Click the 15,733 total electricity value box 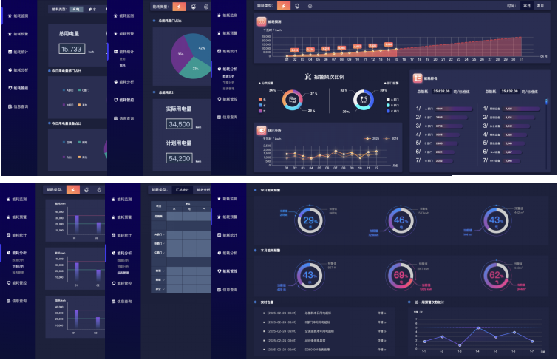click(x=72, y=49)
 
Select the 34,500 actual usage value click(x=180, y=124)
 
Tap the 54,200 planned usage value click(x=180, y=158)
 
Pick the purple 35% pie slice click(x=181, y=55)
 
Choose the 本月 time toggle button click(x=527, y=6)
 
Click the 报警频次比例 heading click(x=330, y=76)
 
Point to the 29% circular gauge click(x=310, y=220)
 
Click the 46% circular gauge click(x=401, y=220)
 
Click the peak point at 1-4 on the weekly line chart click(x=478, y=327)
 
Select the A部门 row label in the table click(x=158, y=234)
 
